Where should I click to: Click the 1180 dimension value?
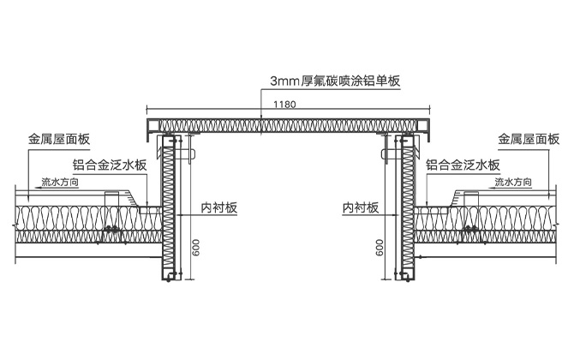pos(286,104)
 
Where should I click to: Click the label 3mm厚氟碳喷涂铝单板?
pos(336,81)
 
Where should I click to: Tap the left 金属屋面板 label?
pos(59,138)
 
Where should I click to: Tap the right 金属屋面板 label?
pos(529,138)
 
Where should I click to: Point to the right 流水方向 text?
pos(512,182)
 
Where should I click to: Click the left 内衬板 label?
pos(220,207)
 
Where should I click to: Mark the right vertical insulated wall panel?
pos(406,214)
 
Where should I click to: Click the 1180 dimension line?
pos(214,110)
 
